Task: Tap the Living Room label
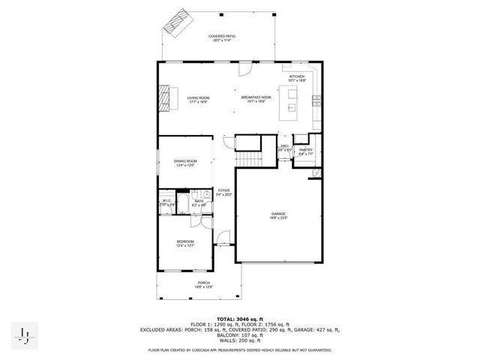[198, 99]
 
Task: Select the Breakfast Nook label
[256, 99]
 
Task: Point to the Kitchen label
[297, 79]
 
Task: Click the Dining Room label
[185, 162]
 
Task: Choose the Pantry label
[305, 151]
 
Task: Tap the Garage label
[278, 215]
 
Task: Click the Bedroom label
[185, 243]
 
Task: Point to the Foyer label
[223, 192]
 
